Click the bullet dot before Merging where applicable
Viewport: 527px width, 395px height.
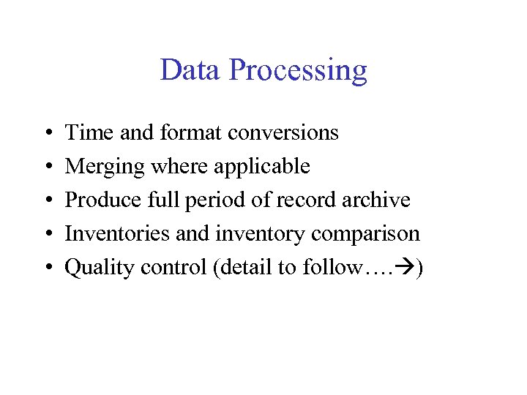46,168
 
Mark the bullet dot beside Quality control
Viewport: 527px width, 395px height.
46,268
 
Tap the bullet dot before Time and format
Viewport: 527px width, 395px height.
46,134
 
